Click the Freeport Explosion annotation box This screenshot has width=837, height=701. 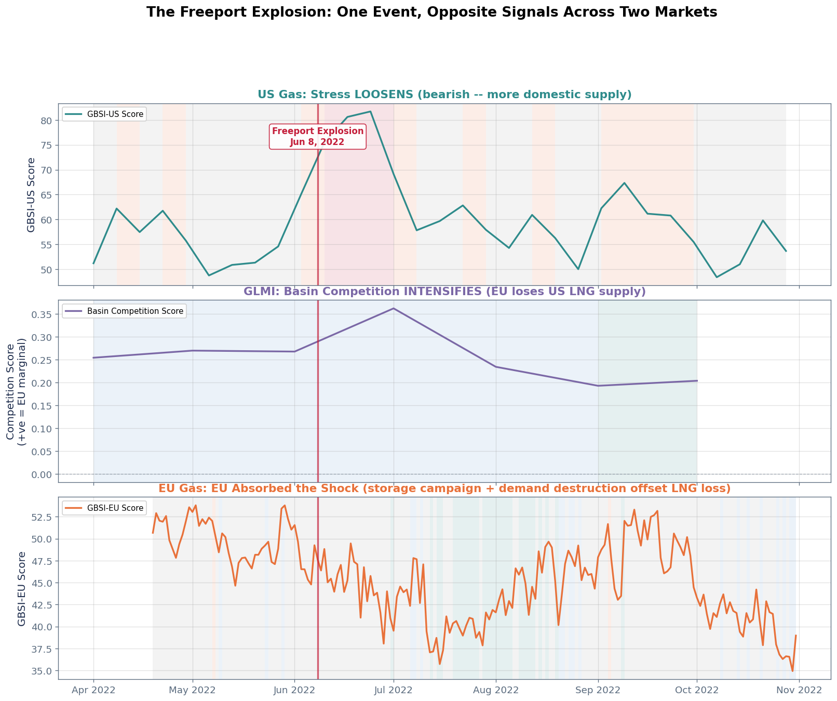318,137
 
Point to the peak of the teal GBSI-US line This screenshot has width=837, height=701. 370,111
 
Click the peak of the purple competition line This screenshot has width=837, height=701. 394,308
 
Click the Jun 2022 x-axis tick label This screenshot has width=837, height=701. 294,691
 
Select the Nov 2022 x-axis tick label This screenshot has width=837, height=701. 799,691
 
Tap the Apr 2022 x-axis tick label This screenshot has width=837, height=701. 93,691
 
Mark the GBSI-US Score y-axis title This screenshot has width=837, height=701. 31,194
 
